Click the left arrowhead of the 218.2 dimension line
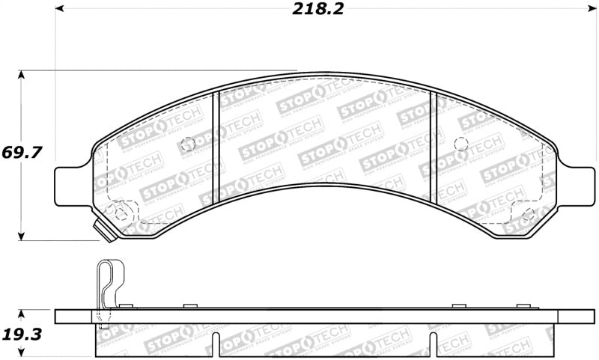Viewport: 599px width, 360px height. (x=60, y=10)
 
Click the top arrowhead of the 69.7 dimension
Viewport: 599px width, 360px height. (x=22, y=76)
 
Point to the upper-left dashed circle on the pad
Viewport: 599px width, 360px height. (x=188, y=144)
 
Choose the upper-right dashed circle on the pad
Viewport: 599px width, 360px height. (x=461, y=144)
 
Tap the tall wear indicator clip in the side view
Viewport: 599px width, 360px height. (x=108, y=288)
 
